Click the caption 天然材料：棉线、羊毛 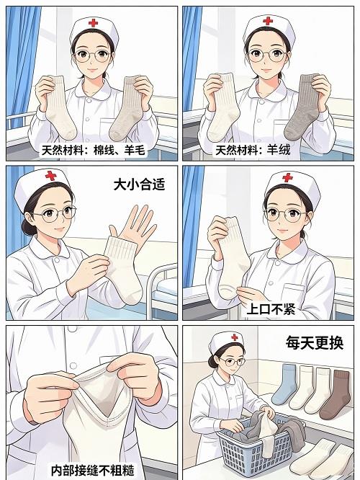[x=94, y=151]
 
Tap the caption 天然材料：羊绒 [x=253, y=151]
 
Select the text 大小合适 [x=139, y=185]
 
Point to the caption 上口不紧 [x=271, y=309]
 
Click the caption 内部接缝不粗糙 [x=92, y=471]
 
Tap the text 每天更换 [x=315, y=342]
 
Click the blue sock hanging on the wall [x=284, y=384]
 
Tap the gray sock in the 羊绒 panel [x=302, y=107]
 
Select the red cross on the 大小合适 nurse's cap [x=51, y=176]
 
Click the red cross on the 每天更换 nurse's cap [x=235, y=337]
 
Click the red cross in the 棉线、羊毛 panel [x=93, y=22]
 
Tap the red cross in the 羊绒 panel [x=268, y=20]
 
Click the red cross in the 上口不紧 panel [x=287, y=177]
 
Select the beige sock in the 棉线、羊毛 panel [x=126, y=109]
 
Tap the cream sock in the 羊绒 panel [x=224, y=107]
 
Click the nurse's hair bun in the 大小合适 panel [x=28, y=226]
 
